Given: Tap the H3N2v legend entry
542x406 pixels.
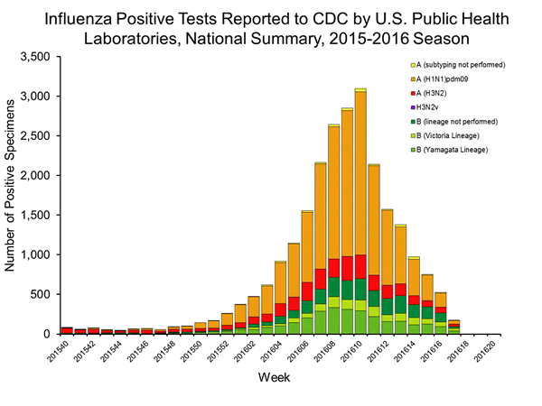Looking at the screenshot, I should click(x=429, y=106).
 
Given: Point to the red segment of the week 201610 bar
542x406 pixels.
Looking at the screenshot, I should click(x=360, y=254).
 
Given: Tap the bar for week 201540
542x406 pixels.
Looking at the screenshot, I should click(x=67, y=330).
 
